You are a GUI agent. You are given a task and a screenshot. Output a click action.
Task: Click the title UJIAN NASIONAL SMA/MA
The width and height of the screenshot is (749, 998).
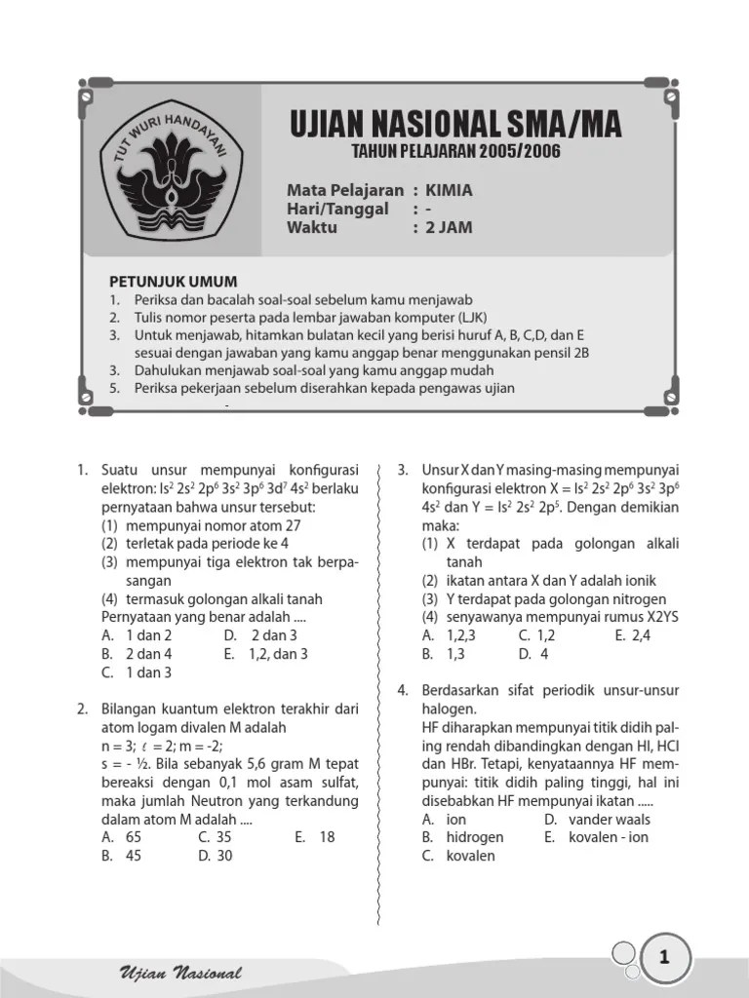(455, 126)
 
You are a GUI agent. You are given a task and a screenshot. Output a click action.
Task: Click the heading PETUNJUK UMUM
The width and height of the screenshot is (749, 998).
(173, 281)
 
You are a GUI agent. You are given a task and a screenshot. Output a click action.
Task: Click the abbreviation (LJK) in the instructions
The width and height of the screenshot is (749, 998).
(464, 318)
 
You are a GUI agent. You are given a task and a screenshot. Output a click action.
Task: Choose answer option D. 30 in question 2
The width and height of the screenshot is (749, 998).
(216, 856)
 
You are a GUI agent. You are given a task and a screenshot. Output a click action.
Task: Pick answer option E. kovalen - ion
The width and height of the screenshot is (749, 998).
(605, 837)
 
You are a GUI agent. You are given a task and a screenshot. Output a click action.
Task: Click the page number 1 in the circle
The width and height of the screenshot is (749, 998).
(664, 959)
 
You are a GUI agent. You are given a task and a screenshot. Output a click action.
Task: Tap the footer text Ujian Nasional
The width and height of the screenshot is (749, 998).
(179, 973)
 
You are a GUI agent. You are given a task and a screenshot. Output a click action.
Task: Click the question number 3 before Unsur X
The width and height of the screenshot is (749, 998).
(402, 471)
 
